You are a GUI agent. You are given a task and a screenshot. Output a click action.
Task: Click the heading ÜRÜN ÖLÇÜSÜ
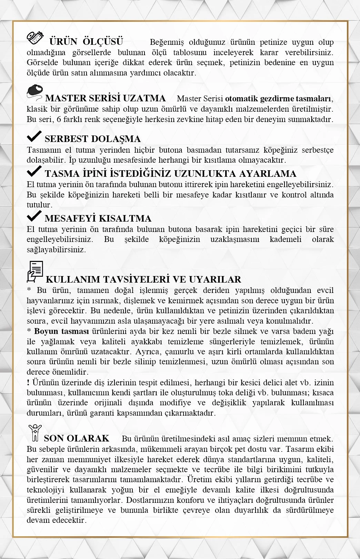(x=86, y=42)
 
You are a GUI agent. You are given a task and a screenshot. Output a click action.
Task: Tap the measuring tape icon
(x=35, y=38)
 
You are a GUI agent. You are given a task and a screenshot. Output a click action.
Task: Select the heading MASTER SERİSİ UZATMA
(x=105, y=98)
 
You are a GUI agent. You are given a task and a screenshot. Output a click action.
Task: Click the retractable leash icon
(x=35, y=92)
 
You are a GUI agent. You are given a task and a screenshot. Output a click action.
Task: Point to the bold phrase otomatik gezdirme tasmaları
(x=279, y=99)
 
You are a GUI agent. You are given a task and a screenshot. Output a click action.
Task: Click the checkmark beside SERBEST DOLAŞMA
(x=34, y=136)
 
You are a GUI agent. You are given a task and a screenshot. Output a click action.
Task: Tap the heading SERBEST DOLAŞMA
(x=92, y=139)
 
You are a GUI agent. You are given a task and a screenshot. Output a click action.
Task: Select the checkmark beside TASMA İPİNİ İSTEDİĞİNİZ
(x=34, y=171)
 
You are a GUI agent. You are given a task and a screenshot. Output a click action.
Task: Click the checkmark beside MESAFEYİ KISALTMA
(x=34, y=216)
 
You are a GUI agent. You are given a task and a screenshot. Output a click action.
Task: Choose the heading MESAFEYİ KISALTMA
(x=98, y=218)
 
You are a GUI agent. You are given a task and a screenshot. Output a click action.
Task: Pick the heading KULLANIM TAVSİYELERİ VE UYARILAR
(x=143, y=279)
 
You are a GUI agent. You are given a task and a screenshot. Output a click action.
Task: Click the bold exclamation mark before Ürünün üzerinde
(x=28, y=383)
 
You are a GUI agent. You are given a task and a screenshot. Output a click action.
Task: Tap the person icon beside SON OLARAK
(x=35, y=433)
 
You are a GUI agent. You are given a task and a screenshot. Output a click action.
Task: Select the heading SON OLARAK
(x=77, y=438)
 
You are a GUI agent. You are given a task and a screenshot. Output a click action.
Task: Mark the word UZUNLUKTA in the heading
(x=205, y=173)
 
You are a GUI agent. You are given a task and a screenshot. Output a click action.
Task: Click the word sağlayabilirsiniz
(x=56, y=250)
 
